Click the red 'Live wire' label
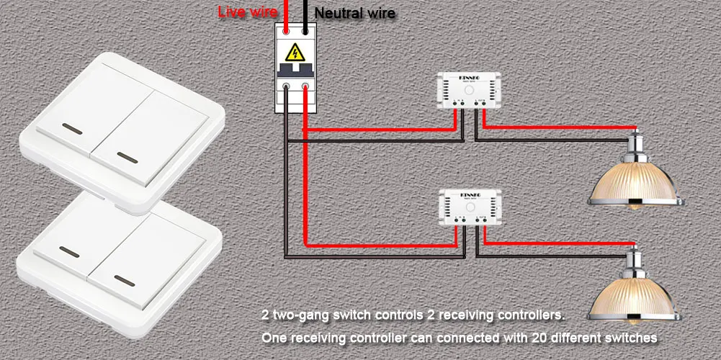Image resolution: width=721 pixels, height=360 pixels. coord(247,12)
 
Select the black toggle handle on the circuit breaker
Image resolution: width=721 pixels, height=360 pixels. coord(295,69)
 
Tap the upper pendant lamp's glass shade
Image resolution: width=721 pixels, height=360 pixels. coord(635,186)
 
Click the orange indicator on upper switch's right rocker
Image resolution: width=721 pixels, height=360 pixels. coord(127,156)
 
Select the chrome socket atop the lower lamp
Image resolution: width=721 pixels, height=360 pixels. coord(635,262)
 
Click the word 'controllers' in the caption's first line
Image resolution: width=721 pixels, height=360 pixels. coord(529,315)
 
